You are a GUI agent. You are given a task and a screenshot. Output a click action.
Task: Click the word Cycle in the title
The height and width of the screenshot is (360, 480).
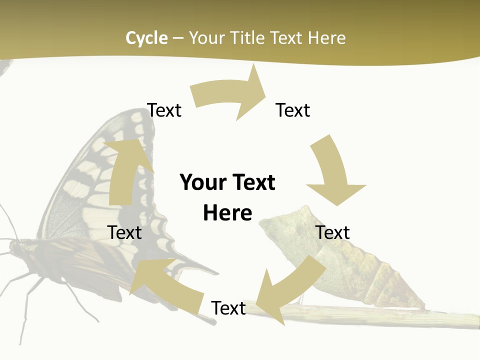pos(146,38)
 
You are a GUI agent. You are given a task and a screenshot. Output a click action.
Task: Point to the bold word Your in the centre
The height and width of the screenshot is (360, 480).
pos(202,182)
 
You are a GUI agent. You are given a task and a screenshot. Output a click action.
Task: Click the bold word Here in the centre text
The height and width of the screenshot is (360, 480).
pos(227,213)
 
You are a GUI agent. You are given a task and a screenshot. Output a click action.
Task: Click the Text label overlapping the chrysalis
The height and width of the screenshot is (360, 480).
pos(332,232)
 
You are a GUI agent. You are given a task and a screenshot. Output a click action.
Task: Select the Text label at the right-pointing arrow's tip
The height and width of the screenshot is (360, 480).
pos(293,110)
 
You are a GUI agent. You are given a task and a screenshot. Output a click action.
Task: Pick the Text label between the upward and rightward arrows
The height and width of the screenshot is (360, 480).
pos(164,110)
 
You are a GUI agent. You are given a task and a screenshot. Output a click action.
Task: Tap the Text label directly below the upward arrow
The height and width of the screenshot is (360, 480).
pos(125,232)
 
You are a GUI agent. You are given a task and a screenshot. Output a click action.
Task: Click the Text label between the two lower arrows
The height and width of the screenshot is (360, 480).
pos(228,308)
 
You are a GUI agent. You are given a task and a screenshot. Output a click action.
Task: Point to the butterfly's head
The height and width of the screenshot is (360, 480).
pos(17,247)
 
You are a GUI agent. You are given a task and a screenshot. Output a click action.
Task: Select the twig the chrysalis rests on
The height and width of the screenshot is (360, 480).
pos(380,315)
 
